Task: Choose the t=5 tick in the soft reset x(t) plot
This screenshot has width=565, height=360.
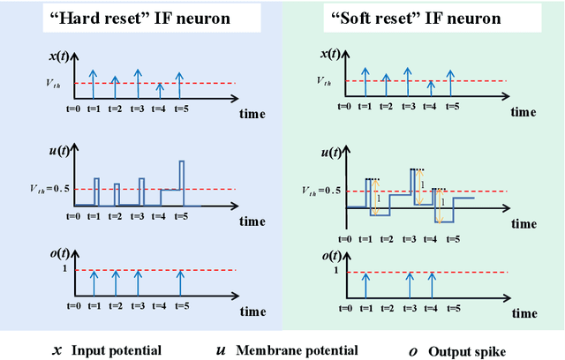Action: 452,106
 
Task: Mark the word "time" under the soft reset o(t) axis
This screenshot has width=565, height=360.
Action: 521,311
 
